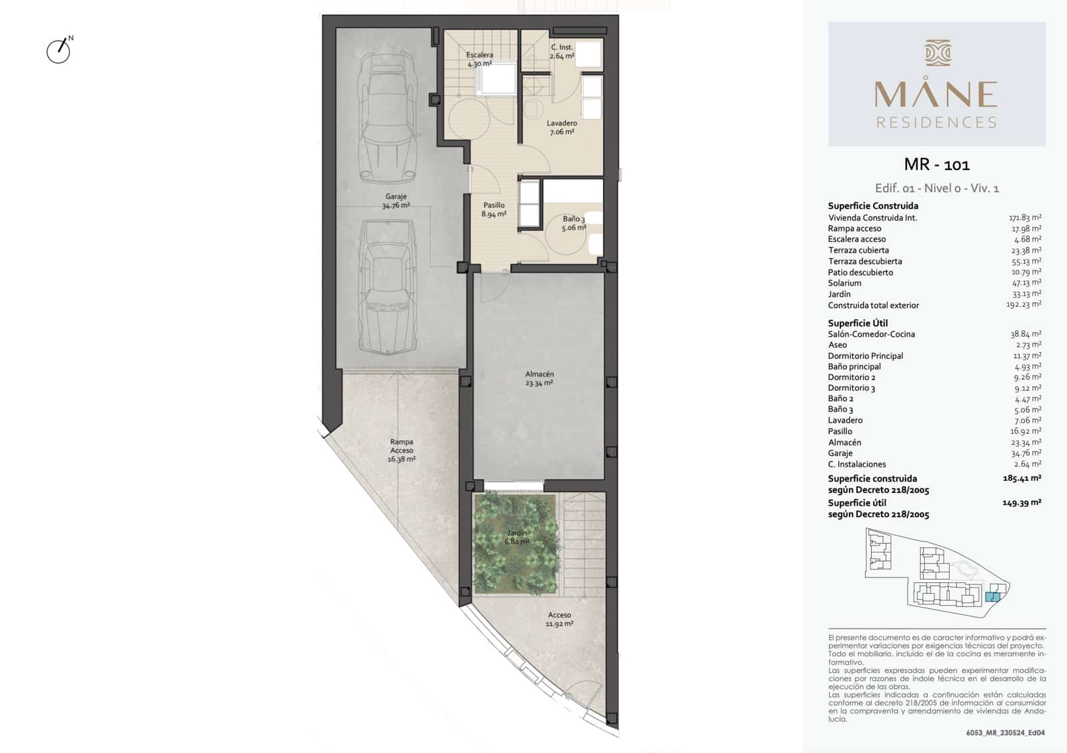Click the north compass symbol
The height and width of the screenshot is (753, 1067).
click(x=59, y=51)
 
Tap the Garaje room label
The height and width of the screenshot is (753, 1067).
click(x=395, y=201)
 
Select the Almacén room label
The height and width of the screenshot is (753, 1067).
click(x=539, y=378)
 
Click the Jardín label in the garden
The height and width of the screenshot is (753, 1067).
click(x=517, y=537)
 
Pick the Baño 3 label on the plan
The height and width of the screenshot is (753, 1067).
click(x=574, y=223)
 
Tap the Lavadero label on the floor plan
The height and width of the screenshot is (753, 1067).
click(x=562, y=127)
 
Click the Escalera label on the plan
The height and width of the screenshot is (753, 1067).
click(x=479, y=59)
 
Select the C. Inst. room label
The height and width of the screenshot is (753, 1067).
click(x=562, y=51)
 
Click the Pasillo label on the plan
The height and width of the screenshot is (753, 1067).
click(x=493, y=209)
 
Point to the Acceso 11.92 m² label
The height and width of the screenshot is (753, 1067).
click(x=560, y=620)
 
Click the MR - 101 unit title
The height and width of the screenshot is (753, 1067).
click(x=936, y=164)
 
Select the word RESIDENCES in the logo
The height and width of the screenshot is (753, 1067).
click(x=936, y=123)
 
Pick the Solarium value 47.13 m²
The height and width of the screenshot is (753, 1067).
click(x=1026, y=283)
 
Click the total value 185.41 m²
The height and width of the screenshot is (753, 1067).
click(x=1022, y=478)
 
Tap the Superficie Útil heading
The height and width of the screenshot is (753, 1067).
click(x=858, y=323)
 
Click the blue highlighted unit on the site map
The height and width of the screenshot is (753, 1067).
click(x=992, y=597)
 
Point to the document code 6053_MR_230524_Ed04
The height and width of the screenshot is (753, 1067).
click(x=1005, y=732)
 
